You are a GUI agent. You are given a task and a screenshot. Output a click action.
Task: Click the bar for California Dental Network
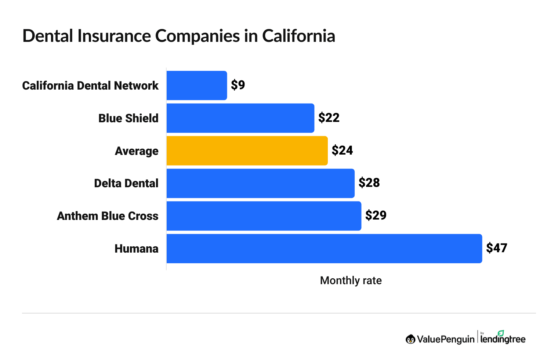(x=197, y=86)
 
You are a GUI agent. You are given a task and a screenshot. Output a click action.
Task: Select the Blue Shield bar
(x=240, y=118)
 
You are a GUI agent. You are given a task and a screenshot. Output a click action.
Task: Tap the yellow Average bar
(x=247, y=151)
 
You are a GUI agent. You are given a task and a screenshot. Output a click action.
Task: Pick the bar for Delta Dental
(x=261, y=183)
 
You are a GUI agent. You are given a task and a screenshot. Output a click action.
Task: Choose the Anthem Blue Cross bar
(x=264, y=216)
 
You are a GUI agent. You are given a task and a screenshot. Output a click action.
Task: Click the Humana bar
(x=324, y=249)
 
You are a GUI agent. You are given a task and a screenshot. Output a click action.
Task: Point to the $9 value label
(x=238, y=85)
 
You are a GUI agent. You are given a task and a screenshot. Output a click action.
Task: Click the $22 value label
(x=329, y=118)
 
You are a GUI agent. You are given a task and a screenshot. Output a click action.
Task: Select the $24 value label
(x=342, y=151)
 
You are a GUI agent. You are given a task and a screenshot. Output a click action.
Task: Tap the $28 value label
(x=369, y=183)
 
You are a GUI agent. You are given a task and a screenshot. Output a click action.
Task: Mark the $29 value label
(x=376, y=216)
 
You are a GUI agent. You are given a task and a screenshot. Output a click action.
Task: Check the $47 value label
(x=496, y=248)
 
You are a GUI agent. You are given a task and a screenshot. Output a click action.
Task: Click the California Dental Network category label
(x=90, y=86)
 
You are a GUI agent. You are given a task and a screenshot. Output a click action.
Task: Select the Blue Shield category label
(x=128, y=118)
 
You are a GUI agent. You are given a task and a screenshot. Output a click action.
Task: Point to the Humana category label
(x=137, y=249)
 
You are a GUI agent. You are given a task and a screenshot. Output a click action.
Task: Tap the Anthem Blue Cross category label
(x=108, y=216)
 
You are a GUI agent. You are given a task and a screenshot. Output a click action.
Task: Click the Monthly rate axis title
(x=351, y=280)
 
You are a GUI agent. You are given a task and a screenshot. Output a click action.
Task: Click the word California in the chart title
(x=298, y=36)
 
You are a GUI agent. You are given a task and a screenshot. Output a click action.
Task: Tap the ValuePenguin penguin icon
(x=410, y=339)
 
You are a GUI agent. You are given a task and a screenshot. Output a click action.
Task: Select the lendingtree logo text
(x=503, y=339)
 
